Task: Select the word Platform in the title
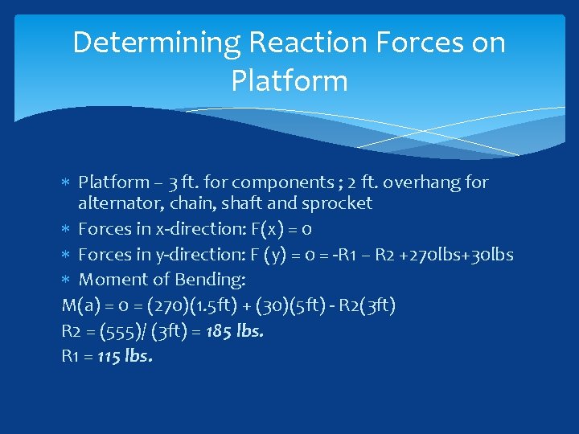click(x=289, y=80)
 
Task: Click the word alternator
click(x=115, y=203)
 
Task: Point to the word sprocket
click(x=339, y=203)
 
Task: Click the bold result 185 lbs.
click(x=235, y=330)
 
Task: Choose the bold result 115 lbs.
click(x=125, y=355)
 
